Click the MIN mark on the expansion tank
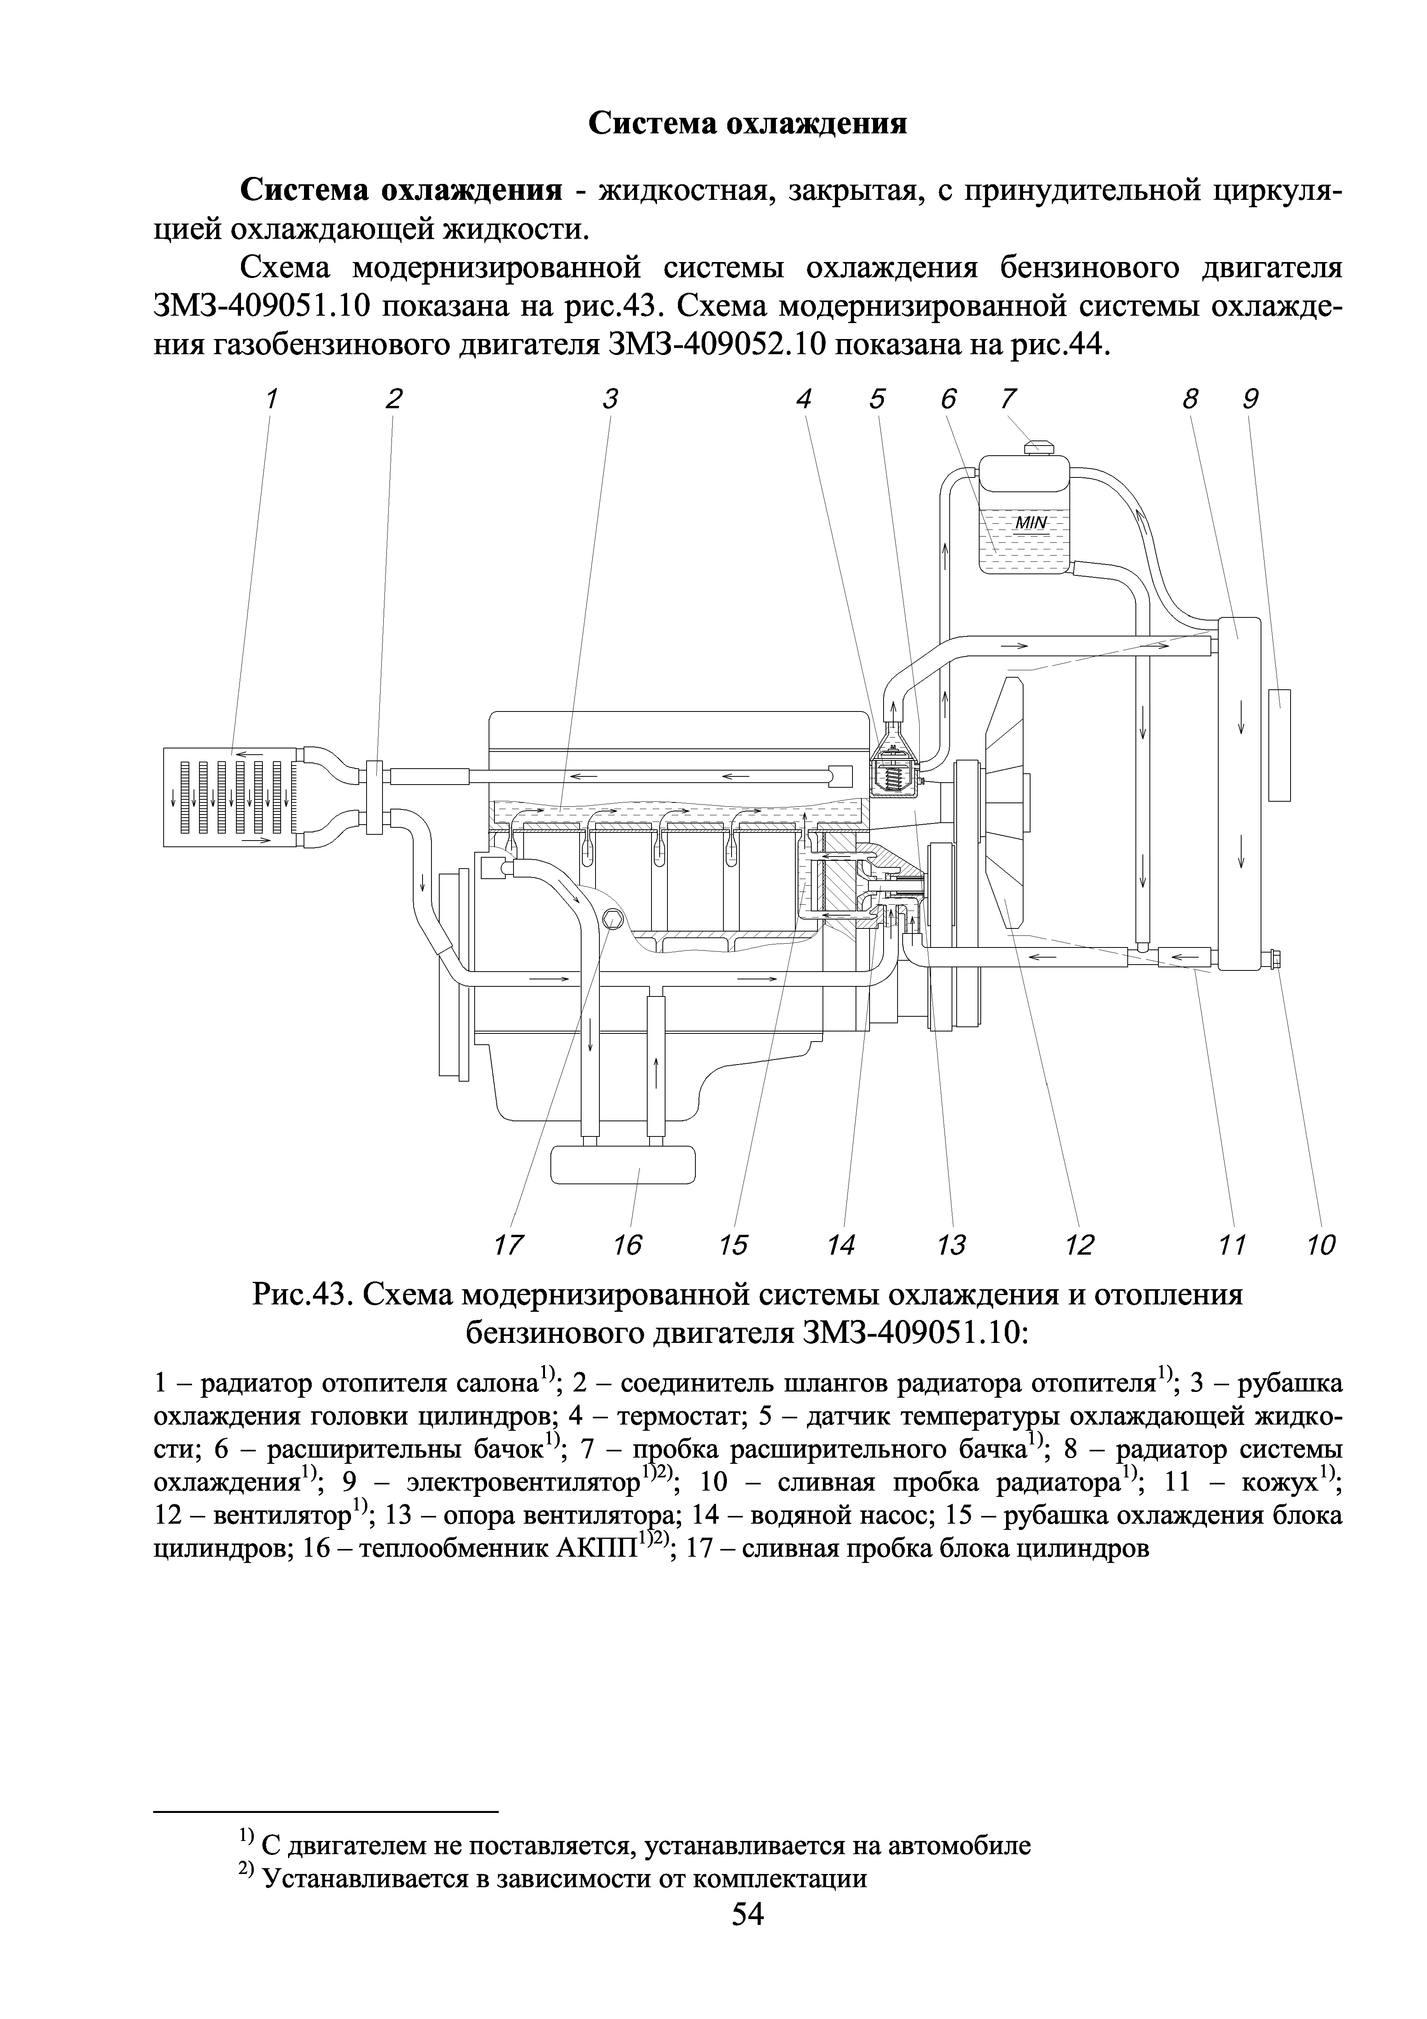[1031, 523]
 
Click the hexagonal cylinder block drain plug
[614, 920]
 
